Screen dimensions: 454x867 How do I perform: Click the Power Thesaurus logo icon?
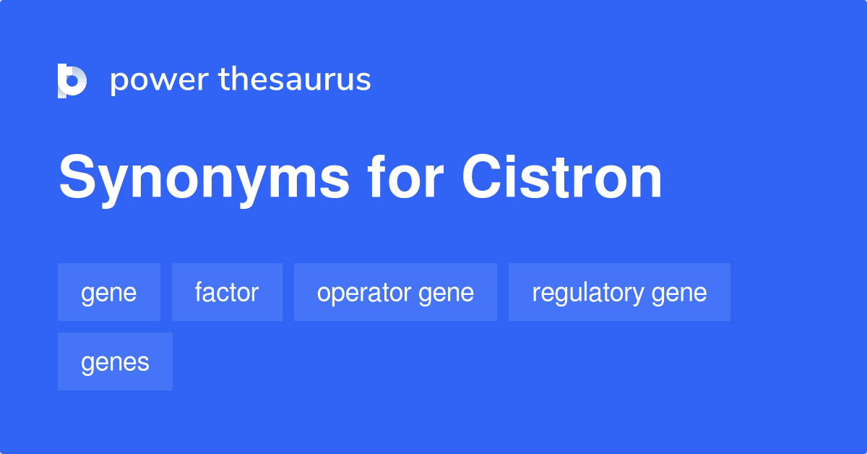[72, 80]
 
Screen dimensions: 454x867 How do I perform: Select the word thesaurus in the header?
[295, 80]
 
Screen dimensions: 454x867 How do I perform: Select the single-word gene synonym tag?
[109, 292]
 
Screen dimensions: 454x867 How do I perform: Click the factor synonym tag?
[227, 292]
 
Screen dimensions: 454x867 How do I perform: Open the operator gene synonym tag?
[395, 292]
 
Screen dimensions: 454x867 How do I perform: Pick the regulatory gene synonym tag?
[619, 292]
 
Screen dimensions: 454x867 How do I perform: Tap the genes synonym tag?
[115, 361]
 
